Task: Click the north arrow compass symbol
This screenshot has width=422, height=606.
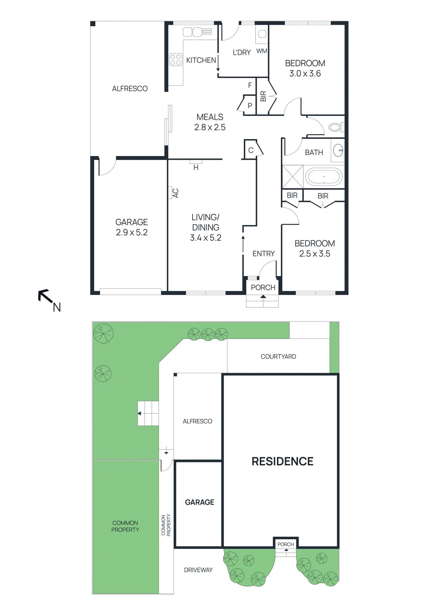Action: pos(48,299)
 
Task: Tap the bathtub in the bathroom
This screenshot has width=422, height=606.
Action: pos(324,176)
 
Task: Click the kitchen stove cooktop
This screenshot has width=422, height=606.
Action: pos(176,60)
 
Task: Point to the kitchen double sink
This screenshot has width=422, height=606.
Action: pos(198,32)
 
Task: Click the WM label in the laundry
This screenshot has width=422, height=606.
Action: pos(262,51)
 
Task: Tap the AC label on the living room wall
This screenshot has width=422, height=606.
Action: pos(175,193)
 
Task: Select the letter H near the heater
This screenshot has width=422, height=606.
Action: pos(196,167)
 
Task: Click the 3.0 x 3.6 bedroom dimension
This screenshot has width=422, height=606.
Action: pos(305,73)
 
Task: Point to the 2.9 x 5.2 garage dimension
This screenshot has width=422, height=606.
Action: pos(132,233)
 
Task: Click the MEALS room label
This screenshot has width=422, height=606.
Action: pos(210,117)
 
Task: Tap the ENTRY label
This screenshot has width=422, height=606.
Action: pos(263,254)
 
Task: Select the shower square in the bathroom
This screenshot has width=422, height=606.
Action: pos(293,176)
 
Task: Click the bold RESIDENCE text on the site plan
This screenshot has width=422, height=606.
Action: pos(282,461)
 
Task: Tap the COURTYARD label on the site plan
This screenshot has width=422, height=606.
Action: pos(278,356)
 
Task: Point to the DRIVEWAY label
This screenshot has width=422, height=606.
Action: pos(198,570)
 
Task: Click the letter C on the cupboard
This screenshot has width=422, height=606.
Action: pos(251,150)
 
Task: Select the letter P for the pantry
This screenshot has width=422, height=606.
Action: pos(250,106)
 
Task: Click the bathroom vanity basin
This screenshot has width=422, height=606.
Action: pos(338,151)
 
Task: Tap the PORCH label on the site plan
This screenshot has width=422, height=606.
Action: pos(286,544)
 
